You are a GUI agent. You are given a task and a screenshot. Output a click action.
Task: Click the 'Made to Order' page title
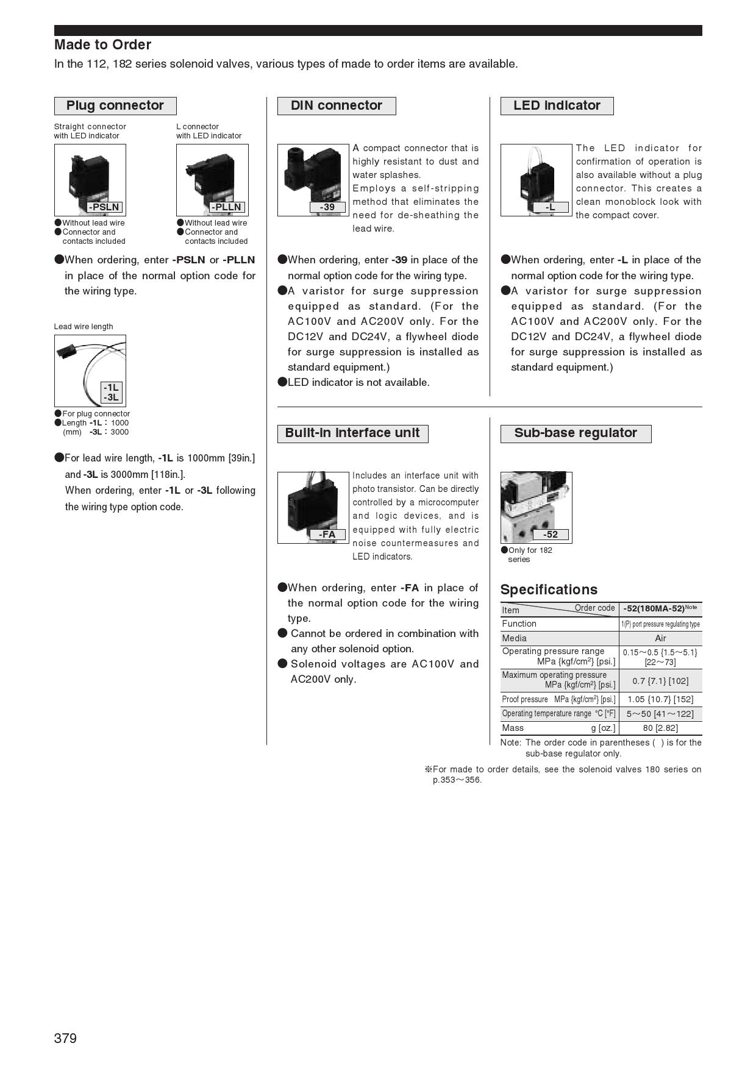pyautogui.click(x=102, y=44)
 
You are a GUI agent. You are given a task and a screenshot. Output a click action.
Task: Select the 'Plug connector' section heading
pyautogui.click(x=115, y=105)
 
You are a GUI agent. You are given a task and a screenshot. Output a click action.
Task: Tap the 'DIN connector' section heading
pyautogui.click(x=337, y=105)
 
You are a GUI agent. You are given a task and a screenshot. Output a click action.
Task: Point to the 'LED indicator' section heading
pyautogui.click(x=557, y=105)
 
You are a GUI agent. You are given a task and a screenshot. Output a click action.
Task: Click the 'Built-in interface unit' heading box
pyautogui.click(x=352, y=433)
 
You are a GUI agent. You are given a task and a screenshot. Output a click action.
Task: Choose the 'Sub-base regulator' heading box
pyautogui.click(x=576, y=433)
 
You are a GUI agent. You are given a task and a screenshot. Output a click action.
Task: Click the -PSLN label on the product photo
pyautogui.click(x=104, y=207)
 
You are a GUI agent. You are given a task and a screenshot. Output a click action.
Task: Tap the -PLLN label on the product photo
pyautogui.click(x=227, y=207)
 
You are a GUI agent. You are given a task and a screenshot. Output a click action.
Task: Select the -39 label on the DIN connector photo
pyautogui.click(x=327, y=207)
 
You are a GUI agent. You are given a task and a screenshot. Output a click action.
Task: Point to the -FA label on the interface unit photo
pyautogui.click(x=327, y=535)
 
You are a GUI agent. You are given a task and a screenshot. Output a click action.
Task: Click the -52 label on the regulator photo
pyautogui.click(x=551, y=535)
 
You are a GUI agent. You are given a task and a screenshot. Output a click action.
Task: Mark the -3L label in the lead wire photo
pyautogui.click(x=111, y=397)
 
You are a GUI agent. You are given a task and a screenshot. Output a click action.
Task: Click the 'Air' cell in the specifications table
pyautogui.click(x=660, y=638)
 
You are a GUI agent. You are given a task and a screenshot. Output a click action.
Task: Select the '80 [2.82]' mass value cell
pyautogui.click(x=660, y=728)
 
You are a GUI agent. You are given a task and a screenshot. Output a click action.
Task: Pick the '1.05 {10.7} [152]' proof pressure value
pyautogui.click(x=660, y=699)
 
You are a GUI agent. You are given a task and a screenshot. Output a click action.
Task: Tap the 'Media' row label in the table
pyautogui.click(x=514, y=638)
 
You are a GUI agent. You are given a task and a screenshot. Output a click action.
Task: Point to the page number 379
pyautogui.click(x=65, y=1039)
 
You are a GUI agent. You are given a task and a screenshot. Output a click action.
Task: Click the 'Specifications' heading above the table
pyautogui.click(x=549, y=589)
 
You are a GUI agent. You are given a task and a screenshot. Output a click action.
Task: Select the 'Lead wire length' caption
pyautogui.click(x=84, y=327)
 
